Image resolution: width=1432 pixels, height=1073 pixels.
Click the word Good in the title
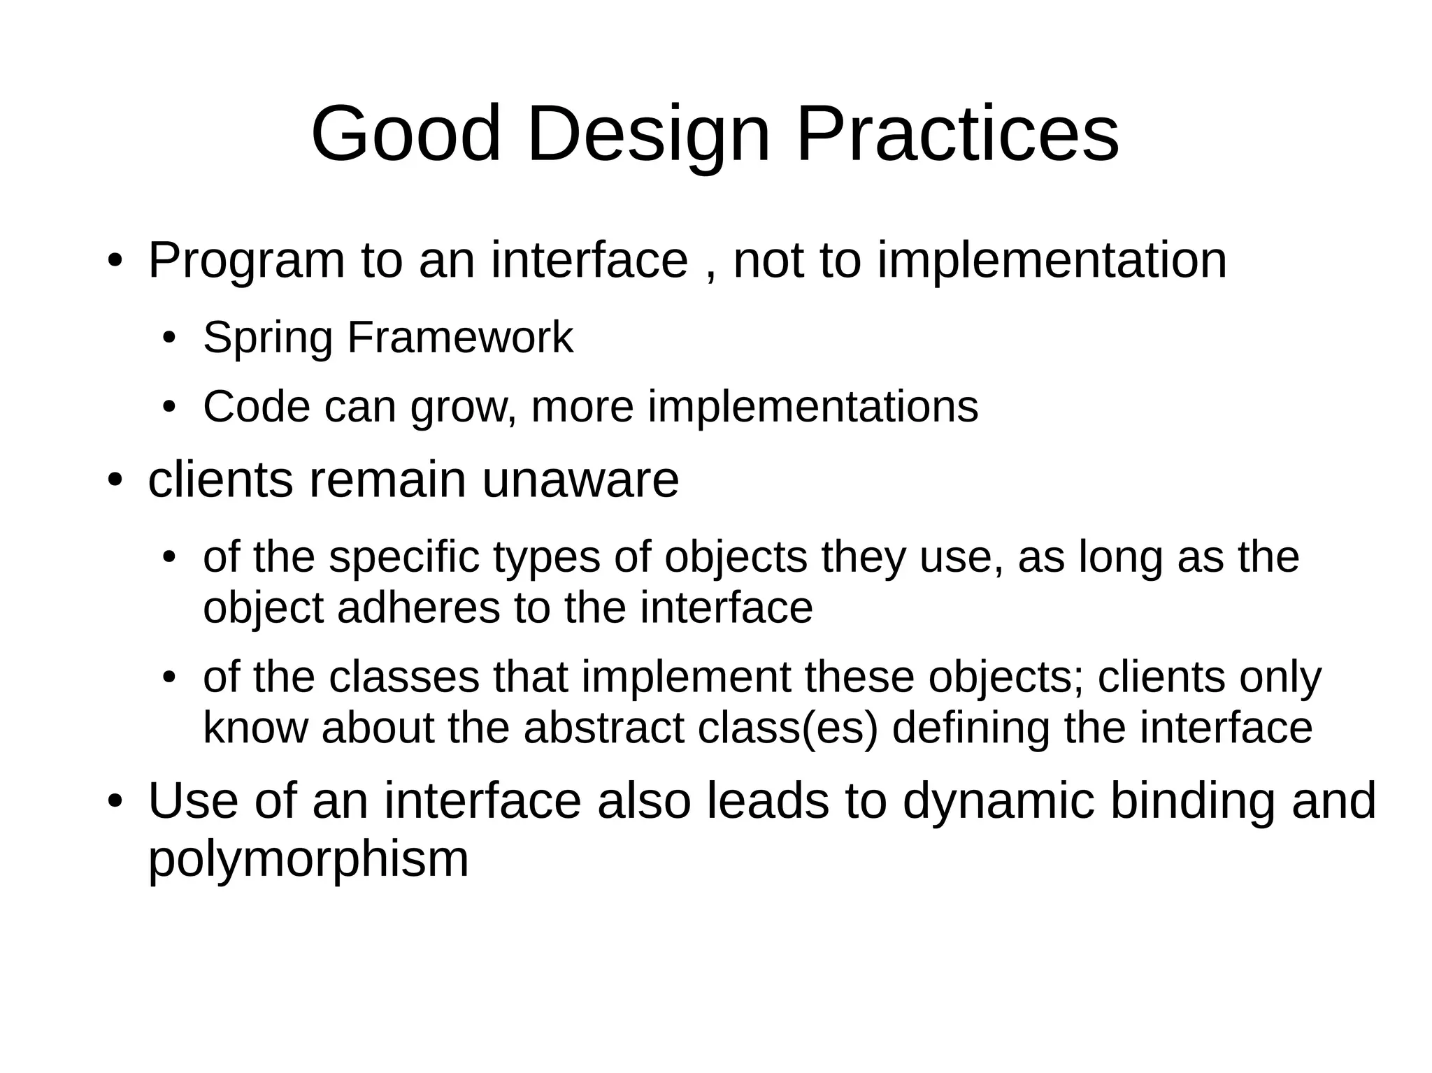tap(406, 134)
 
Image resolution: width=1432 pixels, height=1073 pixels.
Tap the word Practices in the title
tap(957, 134)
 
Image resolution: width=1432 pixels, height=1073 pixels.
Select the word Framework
tap(459, 338)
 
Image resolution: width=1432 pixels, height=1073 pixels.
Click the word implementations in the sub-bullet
tap(812, 408)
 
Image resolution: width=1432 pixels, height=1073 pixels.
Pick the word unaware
tap(580, 481)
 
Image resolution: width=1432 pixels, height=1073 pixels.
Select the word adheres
tap(418, 607)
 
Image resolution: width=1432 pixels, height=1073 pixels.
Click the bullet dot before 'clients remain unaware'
tap(115, 481)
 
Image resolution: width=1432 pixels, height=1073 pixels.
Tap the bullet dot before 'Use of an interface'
tap(115, 802)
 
